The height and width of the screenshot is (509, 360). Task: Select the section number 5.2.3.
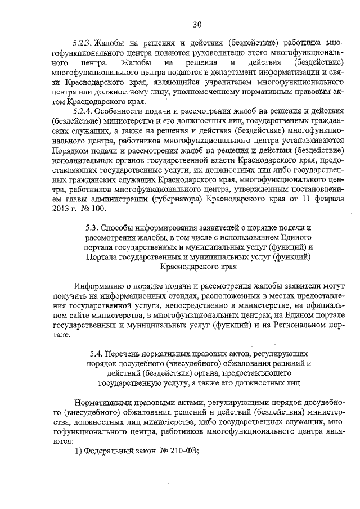click(82, 43)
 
